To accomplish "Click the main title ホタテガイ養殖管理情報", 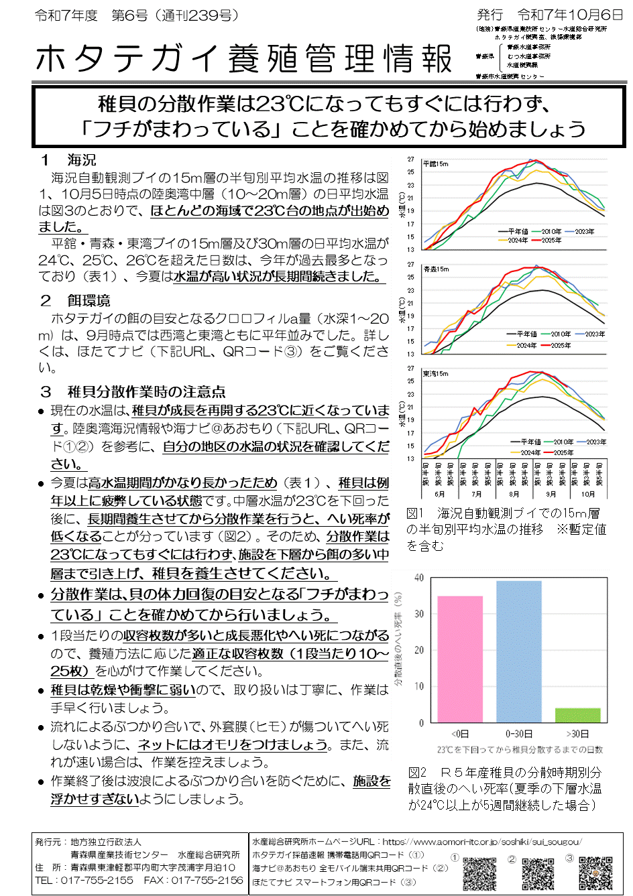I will pos(244,59).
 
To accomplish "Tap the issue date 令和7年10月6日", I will pos(570,15).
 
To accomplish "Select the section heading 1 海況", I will pos(68,160).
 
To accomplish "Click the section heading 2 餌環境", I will pos(75,301).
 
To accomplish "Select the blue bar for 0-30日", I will pos(519,651).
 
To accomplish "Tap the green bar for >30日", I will pos(578,714).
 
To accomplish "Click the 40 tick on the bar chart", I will pos(419,578).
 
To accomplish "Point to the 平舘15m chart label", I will pos(436,164).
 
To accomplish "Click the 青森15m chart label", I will pos(436,269).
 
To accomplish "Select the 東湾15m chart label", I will pos(436,373).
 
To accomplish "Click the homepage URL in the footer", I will pos(481,842).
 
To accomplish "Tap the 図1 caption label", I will pos(416,513).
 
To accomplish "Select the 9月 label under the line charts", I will pos(551,494).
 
